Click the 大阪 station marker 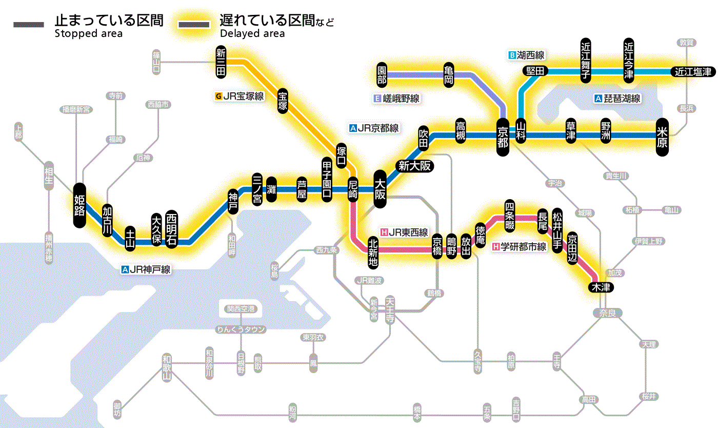click(x=380, y=189)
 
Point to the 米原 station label click(x=663, y=137)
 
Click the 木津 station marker click(x=601, y=287)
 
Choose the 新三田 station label click(x=221, y=63)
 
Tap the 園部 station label click(x=382, y=75)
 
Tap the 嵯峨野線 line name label click(x=397, y=98)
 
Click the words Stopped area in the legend click(x=88, y=34)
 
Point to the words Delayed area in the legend click(x=252, y=34)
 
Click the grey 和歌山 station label click(x=167, y=367)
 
